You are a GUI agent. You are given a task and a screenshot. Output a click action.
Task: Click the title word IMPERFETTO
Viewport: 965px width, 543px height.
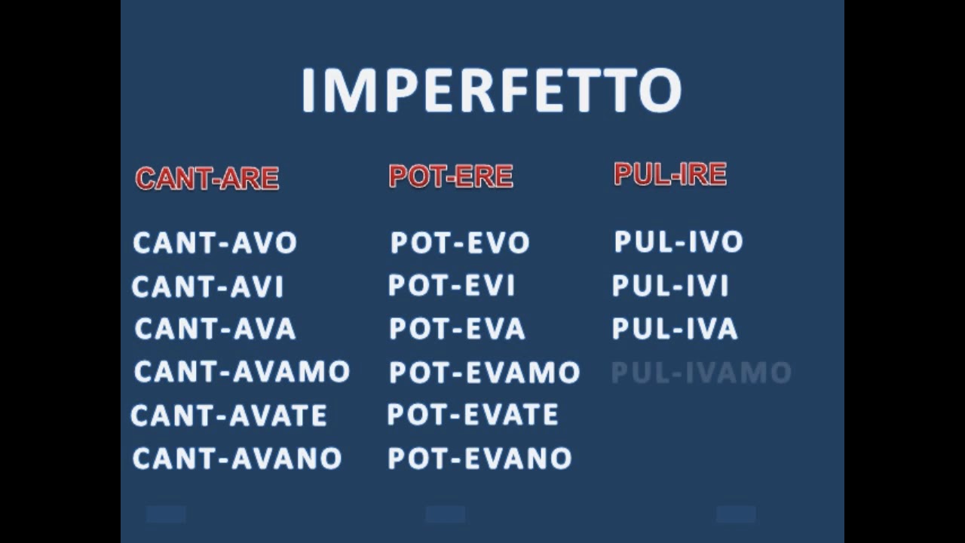491,90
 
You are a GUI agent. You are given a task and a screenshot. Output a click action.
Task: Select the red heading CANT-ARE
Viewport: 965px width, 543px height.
207,179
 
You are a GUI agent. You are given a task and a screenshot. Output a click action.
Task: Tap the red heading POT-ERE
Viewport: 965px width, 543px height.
451,176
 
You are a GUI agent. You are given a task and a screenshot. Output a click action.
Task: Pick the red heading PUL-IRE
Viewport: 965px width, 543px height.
670,174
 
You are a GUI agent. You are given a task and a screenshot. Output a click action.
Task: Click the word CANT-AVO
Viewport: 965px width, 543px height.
215,243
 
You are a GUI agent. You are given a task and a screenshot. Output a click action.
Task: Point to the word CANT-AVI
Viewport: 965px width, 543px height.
207,287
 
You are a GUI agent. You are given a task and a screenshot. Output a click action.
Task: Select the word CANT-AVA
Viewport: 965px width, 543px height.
215,329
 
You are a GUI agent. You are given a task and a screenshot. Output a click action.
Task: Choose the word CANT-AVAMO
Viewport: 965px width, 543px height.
242,372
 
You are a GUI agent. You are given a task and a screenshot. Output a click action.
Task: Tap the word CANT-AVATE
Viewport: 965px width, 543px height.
228,416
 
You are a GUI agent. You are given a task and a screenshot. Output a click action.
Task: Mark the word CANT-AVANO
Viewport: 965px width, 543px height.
237,459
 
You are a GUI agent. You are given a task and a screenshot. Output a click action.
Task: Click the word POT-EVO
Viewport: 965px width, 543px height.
460,243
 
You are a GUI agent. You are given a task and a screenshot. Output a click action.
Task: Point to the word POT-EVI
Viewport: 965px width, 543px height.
451,286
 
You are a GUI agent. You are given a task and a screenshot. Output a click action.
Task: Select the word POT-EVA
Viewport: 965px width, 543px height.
457,329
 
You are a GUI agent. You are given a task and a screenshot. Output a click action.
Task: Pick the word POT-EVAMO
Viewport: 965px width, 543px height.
484,373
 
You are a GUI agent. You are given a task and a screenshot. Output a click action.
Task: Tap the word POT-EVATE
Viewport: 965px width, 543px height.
473,415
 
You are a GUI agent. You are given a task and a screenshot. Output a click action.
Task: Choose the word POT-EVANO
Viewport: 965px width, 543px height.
479,459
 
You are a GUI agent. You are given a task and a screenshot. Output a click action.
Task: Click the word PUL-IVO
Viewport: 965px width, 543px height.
679,242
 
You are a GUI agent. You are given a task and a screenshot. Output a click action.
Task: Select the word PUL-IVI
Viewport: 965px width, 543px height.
670,286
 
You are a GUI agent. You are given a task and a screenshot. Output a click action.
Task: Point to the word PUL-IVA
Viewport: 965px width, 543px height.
675,329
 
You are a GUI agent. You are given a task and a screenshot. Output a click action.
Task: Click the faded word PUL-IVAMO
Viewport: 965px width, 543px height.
701,373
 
